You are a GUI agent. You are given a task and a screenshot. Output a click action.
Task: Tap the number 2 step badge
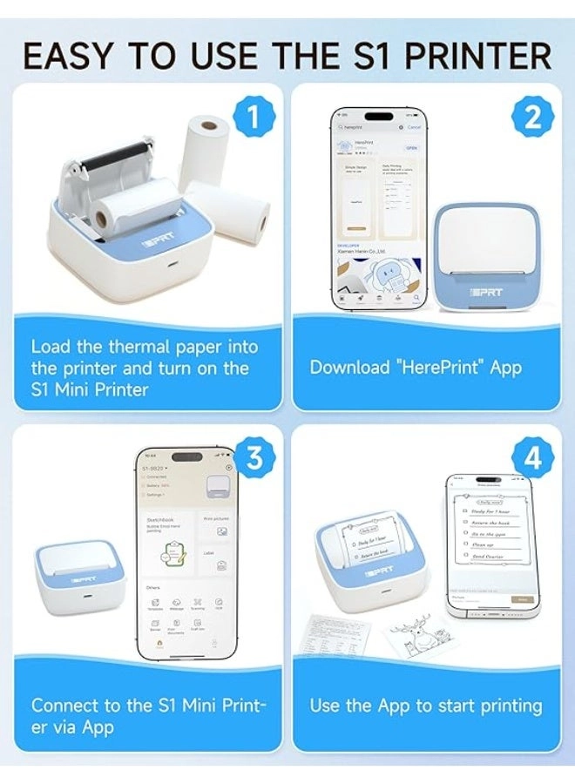click(532, 118)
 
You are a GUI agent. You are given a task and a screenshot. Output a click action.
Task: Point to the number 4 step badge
click(532, 459)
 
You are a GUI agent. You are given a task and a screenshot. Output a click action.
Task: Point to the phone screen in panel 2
click(379, 209)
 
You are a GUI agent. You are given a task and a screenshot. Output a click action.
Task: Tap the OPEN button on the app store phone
click(410, 148)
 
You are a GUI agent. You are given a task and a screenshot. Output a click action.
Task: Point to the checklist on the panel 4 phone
click(492, 536)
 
